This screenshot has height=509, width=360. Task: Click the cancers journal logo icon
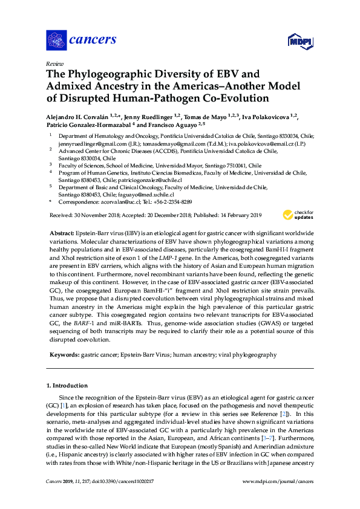point(56,40)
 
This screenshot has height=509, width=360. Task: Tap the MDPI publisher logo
point(296,41)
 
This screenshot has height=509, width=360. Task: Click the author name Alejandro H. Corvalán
point(79,117)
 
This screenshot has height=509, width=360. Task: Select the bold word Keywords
point(63,355)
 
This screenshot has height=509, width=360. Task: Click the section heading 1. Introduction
point(67,385)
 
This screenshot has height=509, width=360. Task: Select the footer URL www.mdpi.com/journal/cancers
point(278,481)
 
